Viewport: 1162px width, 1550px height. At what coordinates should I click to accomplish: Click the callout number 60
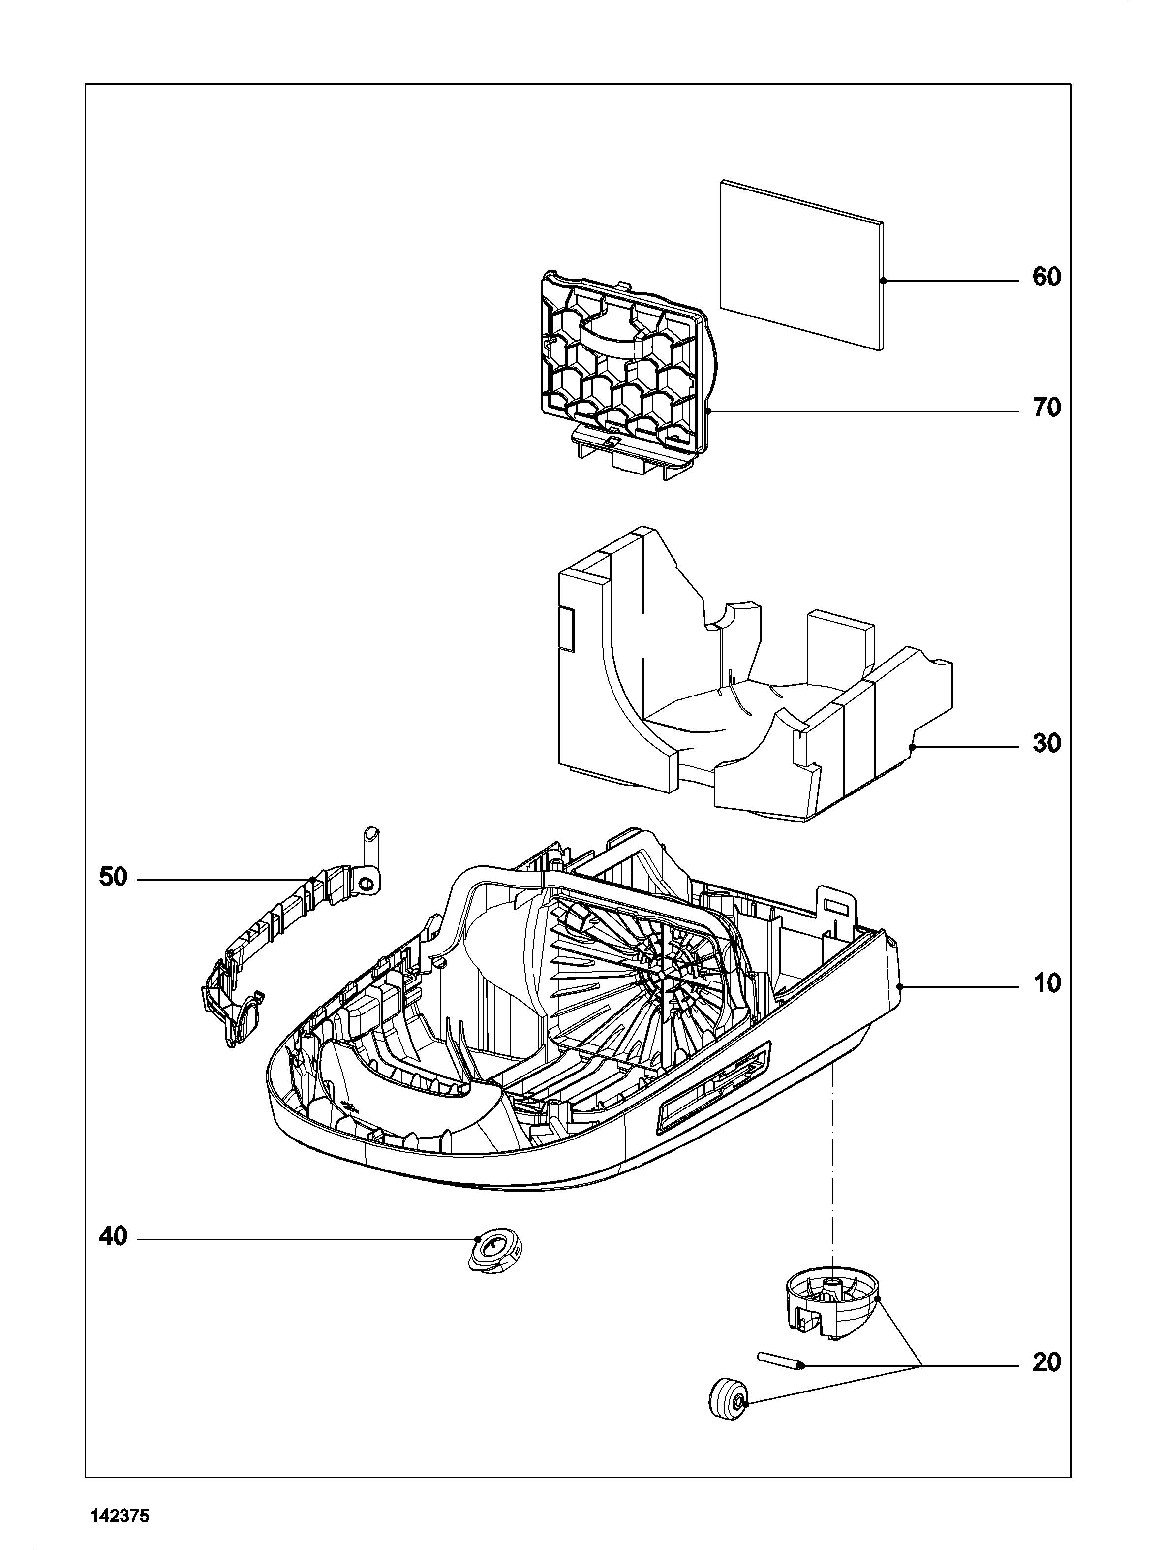[1046, 278]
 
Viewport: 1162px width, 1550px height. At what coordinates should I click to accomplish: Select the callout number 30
[1046, 743]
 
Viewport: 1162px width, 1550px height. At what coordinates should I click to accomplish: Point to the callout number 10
[1046, 984]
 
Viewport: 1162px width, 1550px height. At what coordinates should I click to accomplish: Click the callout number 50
[114, 877]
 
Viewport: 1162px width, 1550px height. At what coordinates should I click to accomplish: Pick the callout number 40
[114, 1237]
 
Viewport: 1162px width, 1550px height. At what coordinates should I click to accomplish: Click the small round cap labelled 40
[495, 1250]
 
